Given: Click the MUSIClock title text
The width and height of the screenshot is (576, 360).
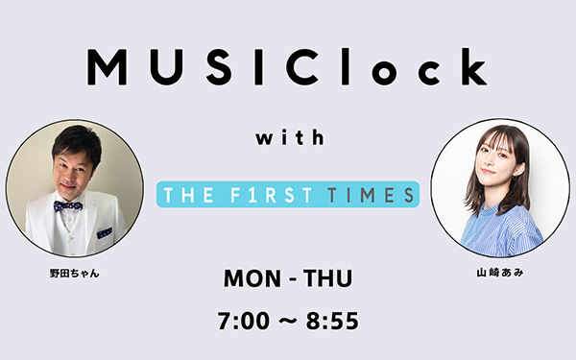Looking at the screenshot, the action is (x=287, y=67).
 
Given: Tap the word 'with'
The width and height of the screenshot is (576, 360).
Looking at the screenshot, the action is (x=290, y=137).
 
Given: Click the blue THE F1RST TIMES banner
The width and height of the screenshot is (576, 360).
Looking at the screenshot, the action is (x=288, y=194).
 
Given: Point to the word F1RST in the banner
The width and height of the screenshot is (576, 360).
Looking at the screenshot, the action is (x=271, y=195).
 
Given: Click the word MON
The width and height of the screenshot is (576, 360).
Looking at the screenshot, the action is (x=252, y=278).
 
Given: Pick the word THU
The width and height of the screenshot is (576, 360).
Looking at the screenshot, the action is (x=327, y=278).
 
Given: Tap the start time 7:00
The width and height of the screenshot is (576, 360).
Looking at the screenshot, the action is (x=244, y=321).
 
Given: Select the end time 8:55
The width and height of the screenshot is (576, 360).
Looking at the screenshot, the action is (x=332, y=321).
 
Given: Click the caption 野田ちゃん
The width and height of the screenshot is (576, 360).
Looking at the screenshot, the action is (x=75, y=274).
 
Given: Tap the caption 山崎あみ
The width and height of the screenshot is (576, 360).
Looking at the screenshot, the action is (x=499, y=273).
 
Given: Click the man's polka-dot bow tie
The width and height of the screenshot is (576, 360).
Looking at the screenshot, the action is (x=68, y=205).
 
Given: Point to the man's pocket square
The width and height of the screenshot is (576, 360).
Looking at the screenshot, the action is (x=105, y=233).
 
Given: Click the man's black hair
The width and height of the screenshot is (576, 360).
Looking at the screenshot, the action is (x=78, y=141).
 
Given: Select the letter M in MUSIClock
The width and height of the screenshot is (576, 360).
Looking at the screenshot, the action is (x=107, y=67).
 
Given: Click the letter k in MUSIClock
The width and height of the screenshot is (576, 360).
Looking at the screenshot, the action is (x=471, y=67).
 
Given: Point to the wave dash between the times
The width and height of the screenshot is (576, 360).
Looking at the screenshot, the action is (x=288, y=321).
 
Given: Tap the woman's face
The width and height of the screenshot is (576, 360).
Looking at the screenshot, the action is (x=497, y=159).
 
